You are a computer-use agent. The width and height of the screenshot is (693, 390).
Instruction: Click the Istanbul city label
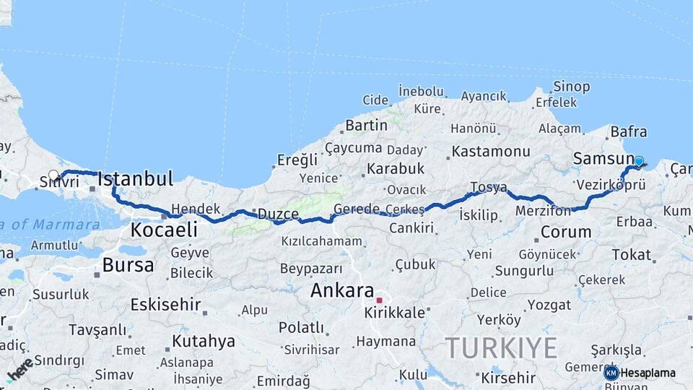click(x=135, y=178)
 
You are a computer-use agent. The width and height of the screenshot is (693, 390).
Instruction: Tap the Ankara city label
click(x=342, y=291)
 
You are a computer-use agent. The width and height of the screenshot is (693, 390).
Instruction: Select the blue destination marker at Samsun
click(x=638, y=161)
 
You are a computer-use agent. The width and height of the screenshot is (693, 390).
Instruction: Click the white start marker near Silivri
click(x=53, y=175)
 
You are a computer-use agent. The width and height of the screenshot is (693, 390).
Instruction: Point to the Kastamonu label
click(x=491, y=152)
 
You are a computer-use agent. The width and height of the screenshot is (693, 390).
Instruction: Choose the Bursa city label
click(x=128, y=265)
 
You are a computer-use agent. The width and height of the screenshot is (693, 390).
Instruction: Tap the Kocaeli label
click(x=164, y=230)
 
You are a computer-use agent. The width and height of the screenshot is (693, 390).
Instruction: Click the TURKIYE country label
click(x=501, y=348)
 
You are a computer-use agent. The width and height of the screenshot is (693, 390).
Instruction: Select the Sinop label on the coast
click(x=572, y=87)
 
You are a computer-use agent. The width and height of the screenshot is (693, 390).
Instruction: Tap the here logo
click(x=20, y=369)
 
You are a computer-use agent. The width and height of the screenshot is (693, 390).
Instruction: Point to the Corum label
click(x=566, y=233)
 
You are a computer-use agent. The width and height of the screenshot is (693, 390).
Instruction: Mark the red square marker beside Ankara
click(x=379, y=299)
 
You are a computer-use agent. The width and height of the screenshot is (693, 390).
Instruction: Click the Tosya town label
click(x=489, y=187)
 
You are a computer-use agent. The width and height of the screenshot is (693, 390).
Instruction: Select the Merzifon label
click(x=543, y=211)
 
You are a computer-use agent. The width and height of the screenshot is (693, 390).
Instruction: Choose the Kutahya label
click(x=204, y=341)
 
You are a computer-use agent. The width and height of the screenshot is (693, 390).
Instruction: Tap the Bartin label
click(x=366, y=125)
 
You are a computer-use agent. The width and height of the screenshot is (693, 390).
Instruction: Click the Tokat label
click(x=632, y=254)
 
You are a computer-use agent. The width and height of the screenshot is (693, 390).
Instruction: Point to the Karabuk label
click(x=396, y=168)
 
